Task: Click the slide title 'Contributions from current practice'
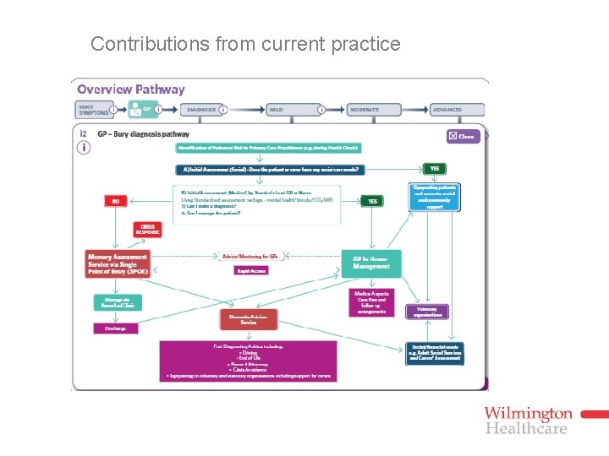[x=245, y=44]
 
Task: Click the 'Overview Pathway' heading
[x=130, y=90]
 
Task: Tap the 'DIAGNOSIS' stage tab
[x=201, y=110]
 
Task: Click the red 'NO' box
[x=116, y=202]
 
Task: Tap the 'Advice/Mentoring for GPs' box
[x=251, y=256]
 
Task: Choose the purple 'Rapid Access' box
[x=251, y=271]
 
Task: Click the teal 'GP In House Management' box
[x=371, y=263]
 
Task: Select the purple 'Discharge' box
[x=116, y=328]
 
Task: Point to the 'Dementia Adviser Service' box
[x=248, y=319]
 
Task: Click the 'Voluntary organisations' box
[x=426, y=312]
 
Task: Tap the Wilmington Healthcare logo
[x=528, y=420]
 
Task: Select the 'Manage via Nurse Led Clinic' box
[x=118, y=303]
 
